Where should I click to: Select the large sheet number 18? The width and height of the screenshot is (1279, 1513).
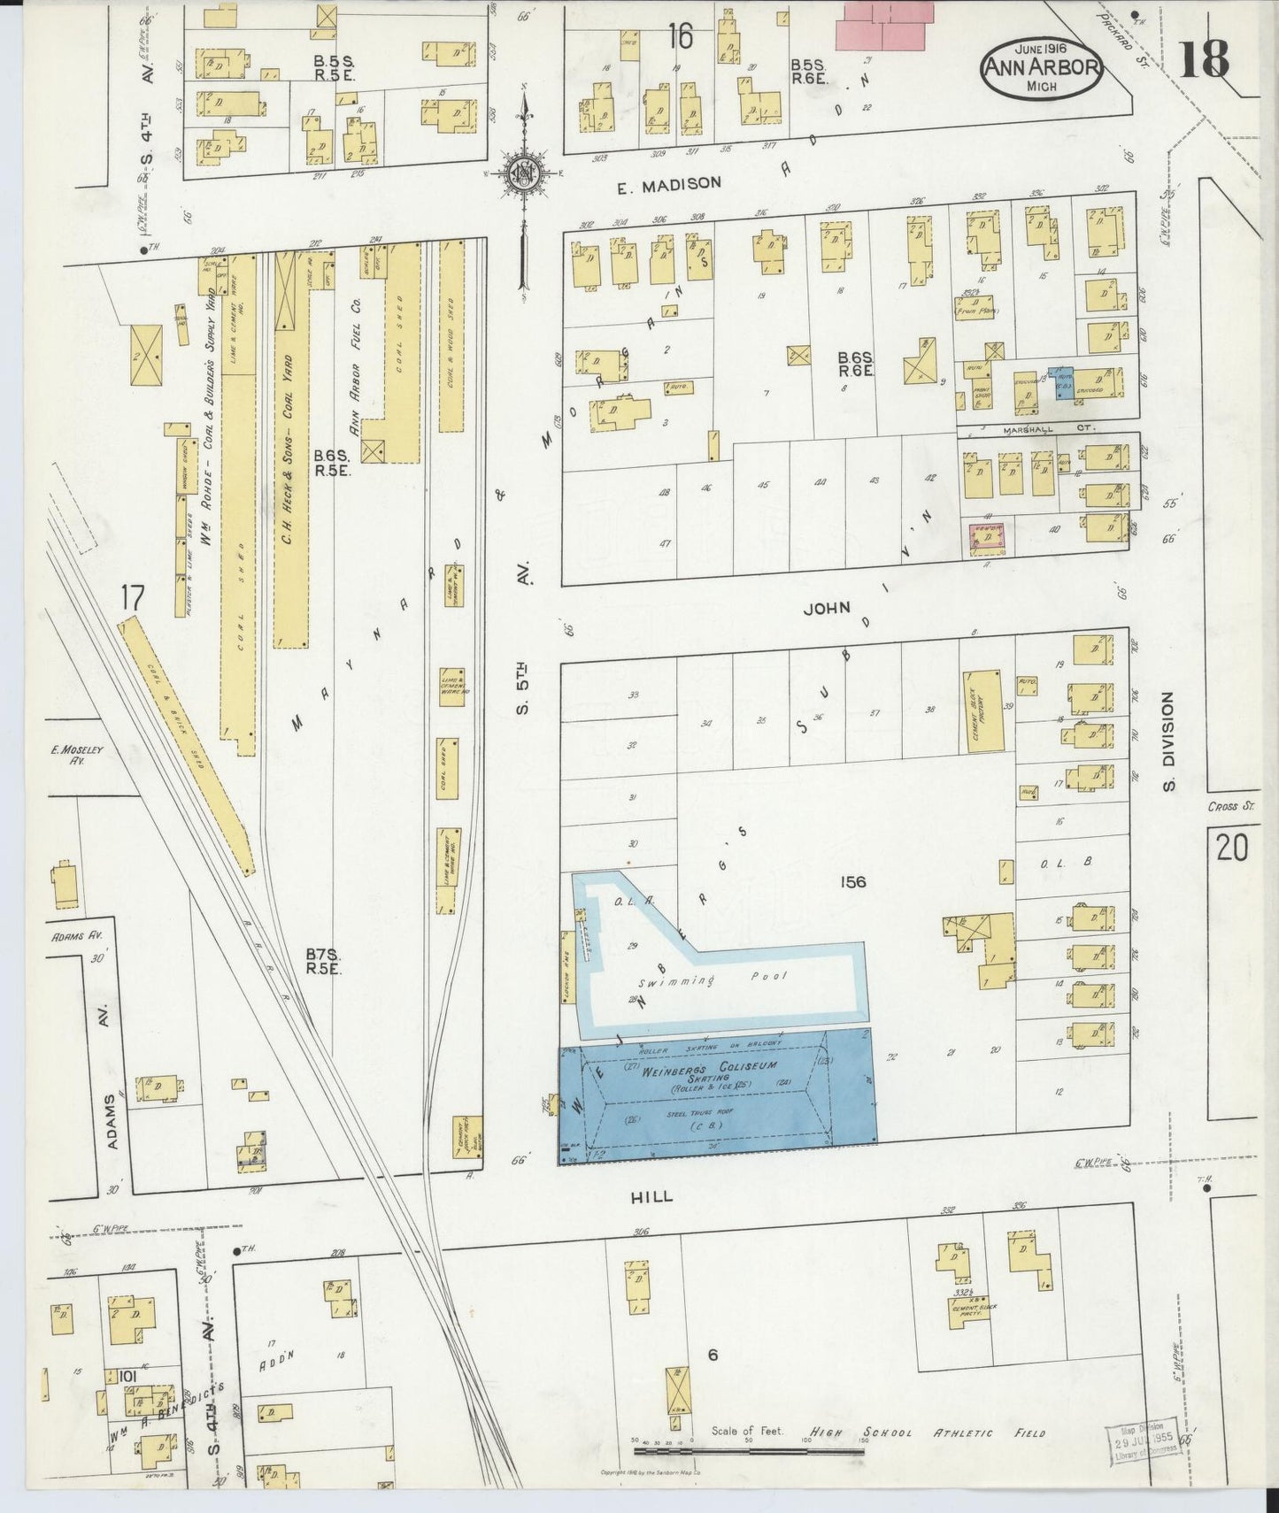coord(1204,59)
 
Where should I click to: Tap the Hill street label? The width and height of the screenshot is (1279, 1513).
coord(651,1196)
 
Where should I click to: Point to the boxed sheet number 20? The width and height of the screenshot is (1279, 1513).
coord(1231,849)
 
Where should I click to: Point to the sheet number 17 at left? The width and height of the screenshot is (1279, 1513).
coord(131,599)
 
